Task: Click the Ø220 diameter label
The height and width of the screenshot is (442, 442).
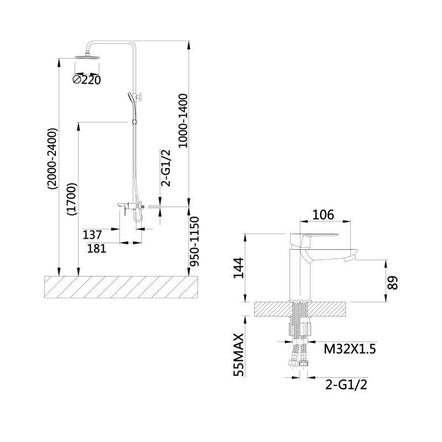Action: [87, 80]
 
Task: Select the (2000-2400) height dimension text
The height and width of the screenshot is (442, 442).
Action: [52, 159]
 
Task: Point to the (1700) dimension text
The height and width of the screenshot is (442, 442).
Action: [72, 199]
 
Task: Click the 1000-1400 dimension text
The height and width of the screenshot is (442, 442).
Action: [183, 120]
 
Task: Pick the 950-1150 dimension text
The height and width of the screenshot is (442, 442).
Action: [194, 241]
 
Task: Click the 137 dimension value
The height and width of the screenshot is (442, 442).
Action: [92, 234]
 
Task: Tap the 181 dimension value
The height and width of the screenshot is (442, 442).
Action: [97, 248]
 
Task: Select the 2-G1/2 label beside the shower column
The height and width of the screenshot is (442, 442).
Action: [165, 168]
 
